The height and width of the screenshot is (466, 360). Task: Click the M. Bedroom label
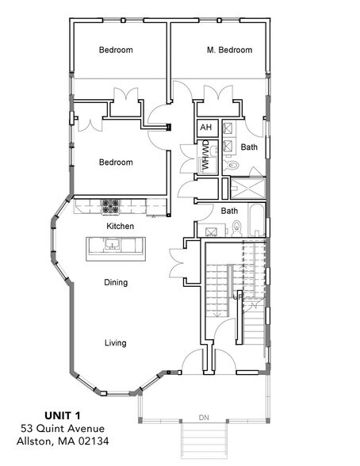229,50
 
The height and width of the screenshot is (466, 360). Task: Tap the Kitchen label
121,226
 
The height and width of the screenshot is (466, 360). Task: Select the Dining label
116,282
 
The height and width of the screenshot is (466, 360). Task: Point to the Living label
116,342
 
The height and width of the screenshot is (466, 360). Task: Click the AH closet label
205,128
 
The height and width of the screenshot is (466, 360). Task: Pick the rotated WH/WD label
205,156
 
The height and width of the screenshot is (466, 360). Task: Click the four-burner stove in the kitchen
110,207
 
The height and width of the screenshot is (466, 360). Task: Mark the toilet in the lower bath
236,229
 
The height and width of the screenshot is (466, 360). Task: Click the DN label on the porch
205,417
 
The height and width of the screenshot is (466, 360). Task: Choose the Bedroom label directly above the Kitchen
116,162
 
